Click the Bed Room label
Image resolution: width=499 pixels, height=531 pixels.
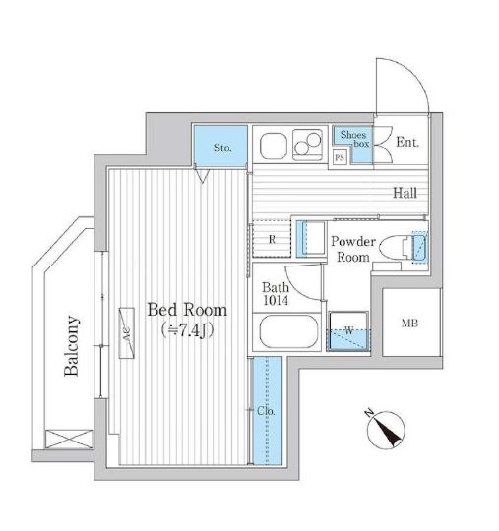187,310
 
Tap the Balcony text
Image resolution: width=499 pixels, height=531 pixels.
72,346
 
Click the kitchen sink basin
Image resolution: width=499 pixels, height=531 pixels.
274,146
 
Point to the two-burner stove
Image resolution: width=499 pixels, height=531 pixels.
307,145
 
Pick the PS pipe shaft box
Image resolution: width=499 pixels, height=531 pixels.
340,157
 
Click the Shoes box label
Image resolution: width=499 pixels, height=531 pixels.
354,139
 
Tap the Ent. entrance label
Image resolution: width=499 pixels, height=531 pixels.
407,142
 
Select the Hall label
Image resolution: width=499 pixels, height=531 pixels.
405,193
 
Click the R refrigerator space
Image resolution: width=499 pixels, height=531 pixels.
272,239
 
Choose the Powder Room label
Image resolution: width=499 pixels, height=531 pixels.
353,249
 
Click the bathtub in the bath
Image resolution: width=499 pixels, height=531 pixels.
288,331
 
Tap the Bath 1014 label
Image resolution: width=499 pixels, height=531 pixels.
276,294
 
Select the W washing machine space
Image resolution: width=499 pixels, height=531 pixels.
348,330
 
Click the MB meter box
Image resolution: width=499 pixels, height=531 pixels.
411,323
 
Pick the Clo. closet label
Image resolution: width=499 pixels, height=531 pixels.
266,411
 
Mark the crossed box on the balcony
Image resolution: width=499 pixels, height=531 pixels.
69,440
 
